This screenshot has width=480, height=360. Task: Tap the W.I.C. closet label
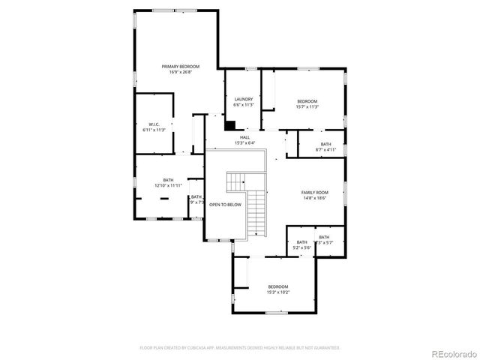pos(154,124)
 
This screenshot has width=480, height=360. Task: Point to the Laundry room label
pos(243,99)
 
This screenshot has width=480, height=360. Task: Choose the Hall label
pos(244,137)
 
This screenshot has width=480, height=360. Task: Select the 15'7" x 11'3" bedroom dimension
pos(307,107)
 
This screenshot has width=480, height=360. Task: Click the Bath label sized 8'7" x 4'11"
pos(325,144)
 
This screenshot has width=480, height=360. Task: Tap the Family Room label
pos(315,193)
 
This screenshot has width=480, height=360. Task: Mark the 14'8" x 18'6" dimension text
pos(315,199)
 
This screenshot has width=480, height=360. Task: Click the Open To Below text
pos(225,205)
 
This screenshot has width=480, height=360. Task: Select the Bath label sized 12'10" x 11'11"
pos(168,180)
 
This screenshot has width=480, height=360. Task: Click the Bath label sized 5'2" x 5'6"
pos(301,242)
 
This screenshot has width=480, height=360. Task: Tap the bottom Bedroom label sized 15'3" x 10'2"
pos(277,287)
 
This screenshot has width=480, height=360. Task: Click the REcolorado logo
pos(450,353)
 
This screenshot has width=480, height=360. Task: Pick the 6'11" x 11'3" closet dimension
pos(154,130)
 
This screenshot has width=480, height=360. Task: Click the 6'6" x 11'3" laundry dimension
pos(243,105)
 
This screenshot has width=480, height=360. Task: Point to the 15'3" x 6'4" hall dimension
pos(244,143)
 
